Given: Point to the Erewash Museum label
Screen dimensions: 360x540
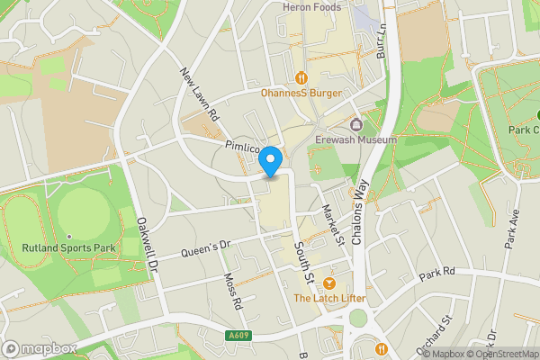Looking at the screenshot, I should pyautogui.click(x=356, y=140).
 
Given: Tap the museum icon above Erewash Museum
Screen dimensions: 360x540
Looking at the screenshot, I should pyautogui.click(x=356, y=125).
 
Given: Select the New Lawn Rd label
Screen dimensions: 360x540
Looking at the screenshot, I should pyautogui.click(x=200, y=94).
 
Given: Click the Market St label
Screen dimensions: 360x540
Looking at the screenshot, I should pyautogui.click(x=333, y=224).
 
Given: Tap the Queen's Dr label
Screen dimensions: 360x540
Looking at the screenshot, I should pyautogui.click(x=206, y=248).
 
